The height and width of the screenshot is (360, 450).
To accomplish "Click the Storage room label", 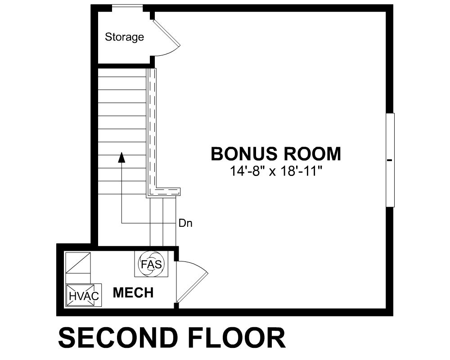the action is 124,37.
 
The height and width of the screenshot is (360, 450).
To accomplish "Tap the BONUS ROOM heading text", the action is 276,153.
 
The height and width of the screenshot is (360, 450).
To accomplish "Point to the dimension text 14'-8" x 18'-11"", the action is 276,171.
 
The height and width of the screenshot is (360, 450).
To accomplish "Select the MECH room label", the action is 133,292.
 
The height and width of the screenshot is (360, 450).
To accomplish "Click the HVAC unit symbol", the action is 84,295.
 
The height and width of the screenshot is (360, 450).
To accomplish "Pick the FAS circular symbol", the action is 151,264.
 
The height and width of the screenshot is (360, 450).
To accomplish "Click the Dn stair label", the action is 185,223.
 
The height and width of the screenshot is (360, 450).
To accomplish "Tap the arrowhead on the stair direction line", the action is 122,157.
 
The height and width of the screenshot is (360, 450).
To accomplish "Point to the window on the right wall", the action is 390,160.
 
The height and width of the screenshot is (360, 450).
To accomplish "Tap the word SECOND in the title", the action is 117,338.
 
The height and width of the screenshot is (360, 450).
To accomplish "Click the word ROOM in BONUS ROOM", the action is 312,153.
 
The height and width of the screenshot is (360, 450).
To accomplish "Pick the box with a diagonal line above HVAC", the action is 78,263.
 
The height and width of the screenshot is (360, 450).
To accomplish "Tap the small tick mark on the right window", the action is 389,160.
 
